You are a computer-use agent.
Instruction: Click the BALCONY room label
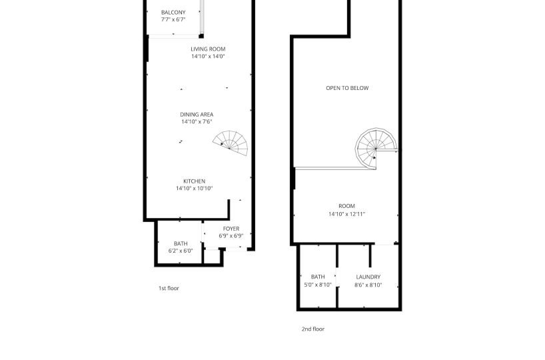[x=173, y=13]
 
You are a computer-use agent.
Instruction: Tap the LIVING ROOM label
[x=208, y=49]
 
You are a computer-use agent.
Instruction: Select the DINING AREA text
[x=197, y=115]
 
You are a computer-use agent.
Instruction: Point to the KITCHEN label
[x=195, y=181]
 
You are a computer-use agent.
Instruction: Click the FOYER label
[x=231, y=229]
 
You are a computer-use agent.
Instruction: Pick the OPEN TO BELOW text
[x=347, y=88]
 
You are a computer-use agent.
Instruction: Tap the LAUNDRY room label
[x=368, y=277]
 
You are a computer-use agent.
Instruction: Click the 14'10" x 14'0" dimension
[x=208, y=57]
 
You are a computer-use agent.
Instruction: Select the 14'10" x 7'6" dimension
[x=197, y=122]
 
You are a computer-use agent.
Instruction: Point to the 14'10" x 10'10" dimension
[x=195, y=189]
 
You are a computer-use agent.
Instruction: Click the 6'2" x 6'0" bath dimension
[x=181, y=251]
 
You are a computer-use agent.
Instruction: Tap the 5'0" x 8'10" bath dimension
[x=318, y=285]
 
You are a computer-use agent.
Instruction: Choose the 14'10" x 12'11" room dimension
[x=347, y=214]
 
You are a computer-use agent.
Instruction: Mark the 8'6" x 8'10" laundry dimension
[x=368, y=285]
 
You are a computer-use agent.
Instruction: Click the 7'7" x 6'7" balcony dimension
[x=173, y=20]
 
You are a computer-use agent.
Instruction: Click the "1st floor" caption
[x=169, y=288]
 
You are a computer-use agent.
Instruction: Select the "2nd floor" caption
[x=313, y=329]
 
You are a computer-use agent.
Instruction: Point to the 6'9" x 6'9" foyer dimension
[x=231, y=236]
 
